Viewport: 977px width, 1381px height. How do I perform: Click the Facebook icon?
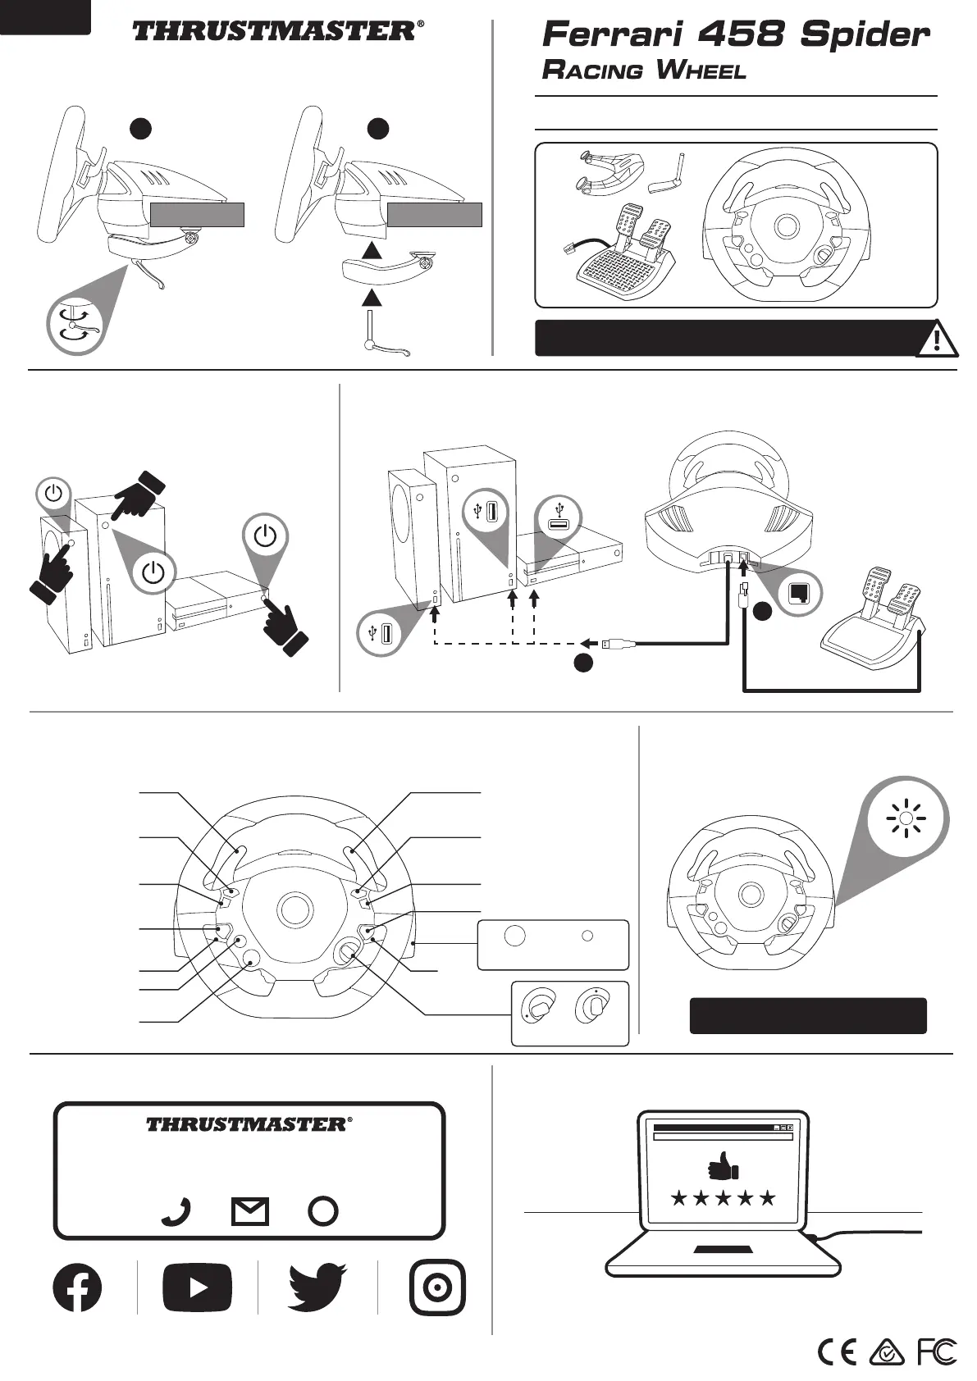pos(77,1287)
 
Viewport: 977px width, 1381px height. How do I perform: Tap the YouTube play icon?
pos(197,1288)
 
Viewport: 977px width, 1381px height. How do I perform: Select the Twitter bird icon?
pos(317,1287)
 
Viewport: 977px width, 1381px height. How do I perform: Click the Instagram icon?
pos(437,1288)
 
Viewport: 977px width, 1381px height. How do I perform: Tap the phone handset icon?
pos(176,1211)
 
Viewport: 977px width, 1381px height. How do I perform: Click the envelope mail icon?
pos(250,1211)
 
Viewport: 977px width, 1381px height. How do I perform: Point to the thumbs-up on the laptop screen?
pos(723,1165)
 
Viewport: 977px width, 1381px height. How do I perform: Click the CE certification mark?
pos(838,1351)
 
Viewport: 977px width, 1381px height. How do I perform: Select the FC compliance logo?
pos(936,1351)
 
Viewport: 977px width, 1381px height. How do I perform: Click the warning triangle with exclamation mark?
pos(937,339)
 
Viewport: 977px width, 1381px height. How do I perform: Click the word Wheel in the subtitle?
pos(701,71)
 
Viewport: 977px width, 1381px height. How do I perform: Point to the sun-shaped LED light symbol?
pos(906,818)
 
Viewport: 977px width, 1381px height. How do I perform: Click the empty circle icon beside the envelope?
pos(323,1211)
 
